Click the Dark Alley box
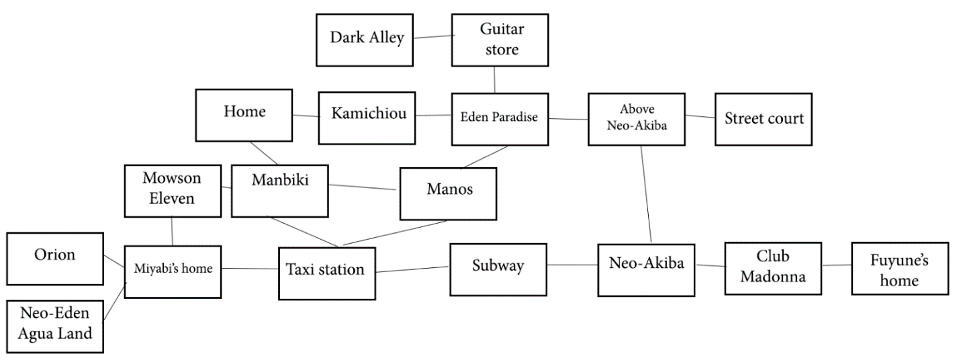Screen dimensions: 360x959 [366, 38]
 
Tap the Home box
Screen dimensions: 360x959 [244, 114]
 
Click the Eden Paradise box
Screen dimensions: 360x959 [500, 118]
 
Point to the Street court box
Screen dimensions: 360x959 [764, 119]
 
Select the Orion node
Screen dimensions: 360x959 [54, 256]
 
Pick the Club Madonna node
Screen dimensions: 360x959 [774, 267]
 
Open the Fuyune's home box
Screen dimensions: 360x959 [900, 269]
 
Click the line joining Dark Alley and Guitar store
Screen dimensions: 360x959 [432, 37]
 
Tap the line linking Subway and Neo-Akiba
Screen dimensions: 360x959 [572, 264]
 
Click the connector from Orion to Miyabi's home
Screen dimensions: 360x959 [114, 259]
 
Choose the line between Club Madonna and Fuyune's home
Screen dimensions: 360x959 [837, 265]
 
